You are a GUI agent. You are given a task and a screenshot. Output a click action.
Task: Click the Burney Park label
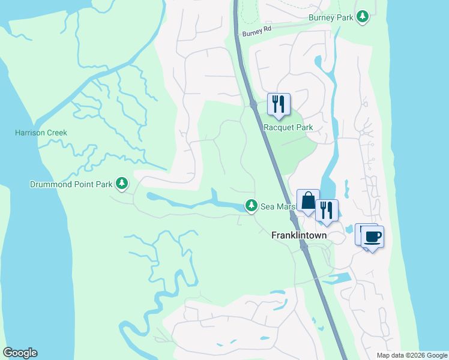331,17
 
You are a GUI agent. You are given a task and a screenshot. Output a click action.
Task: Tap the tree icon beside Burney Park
362,16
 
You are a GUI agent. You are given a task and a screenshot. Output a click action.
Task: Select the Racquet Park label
288,127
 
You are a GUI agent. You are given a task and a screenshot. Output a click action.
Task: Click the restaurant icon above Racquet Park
279,104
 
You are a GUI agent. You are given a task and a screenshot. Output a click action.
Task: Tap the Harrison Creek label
41,133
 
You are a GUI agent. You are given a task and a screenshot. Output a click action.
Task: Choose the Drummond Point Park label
72,184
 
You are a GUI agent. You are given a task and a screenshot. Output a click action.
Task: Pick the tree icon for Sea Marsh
251,206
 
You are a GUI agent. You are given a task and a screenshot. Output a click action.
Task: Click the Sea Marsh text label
277,207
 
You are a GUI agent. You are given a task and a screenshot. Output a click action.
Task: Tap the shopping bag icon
308,200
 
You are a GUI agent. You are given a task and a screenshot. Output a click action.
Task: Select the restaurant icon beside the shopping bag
327,210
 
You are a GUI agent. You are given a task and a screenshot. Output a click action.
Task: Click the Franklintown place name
299,235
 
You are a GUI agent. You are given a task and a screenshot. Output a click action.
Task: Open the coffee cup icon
372,236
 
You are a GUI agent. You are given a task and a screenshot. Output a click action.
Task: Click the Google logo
20,353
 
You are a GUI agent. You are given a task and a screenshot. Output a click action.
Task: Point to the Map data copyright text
411,355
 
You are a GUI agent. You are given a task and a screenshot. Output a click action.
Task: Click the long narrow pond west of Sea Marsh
180,202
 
